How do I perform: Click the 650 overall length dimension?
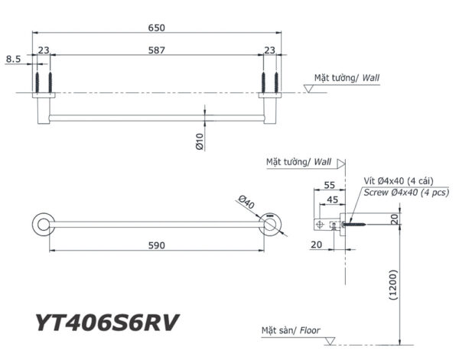pos(156,28)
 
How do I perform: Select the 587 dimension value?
pos(156,50)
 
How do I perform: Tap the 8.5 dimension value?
pos(13,58)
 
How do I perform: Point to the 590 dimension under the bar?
pos(156,245)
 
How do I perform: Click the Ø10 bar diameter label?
pos(198,141)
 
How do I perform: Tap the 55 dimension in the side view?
pos(330,185)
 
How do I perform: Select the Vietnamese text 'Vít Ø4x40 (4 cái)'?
pos(402,180)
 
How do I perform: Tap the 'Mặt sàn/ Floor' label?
pos(291,332)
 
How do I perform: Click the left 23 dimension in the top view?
pos(44,50)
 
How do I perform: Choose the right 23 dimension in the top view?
pos(269,50)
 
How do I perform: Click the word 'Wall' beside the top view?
pos(371,78)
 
